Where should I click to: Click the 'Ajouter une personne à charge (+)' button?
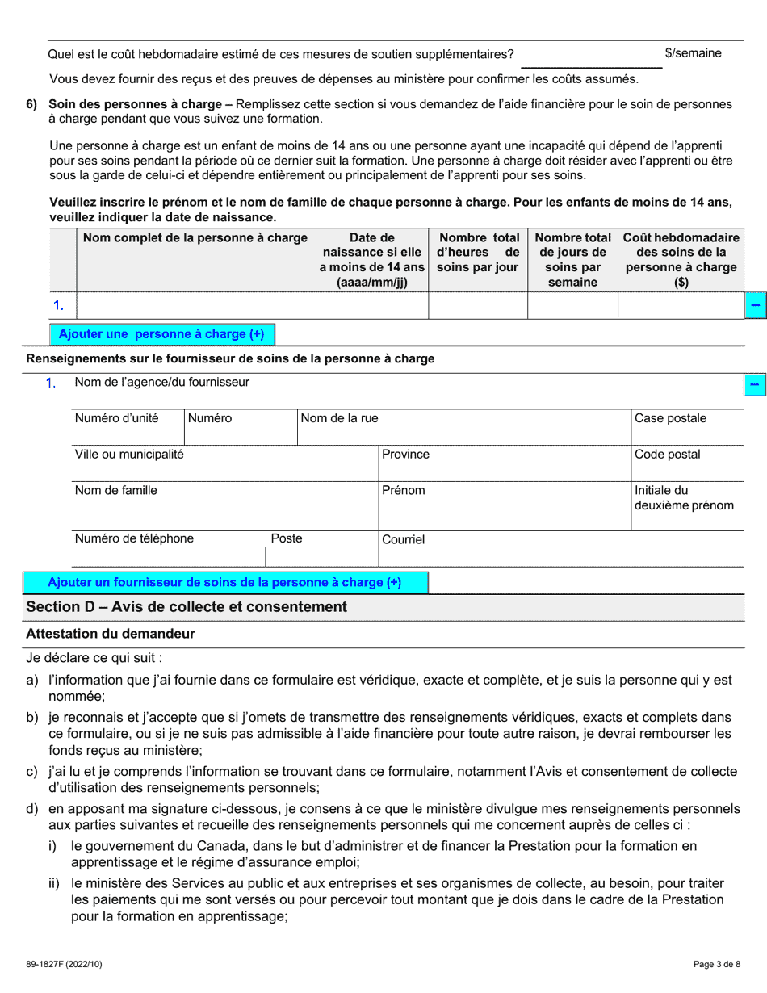click(x=161, y=334)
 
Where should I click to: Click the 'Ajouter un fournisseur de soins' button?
click(x=224, y=583)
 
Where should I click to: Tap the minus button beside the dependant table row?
click(x=755, y=306)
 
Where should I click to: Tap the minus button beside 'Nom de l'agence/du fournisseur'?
click(x=755, y=385)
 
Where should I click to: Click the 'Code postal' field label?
click(x=667, y=455)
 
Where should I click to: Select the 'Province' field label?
click(x=405, y=455)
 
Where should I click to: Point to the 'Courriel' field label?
click(x=403, y=539)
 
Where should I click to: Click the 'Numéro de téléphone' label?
click(x=134, y=538)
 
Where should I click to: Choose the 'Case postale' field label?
click(x=670, y=418)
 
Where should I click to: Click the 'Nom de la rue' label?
click(x=339, y=418)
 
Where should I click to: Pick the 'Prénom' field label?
click(x=403, y=491)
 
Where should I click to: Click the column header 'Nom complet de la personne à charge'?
click(x=195, y=238)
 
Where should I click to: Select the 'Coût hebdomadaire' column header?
click(x=681, y=260)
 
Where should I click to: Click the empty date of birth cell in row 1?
click(x=371, y=306)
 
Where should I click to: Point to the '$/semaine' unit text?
click(x=693, y=53)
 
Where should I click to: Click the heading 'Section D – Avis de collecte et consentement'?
click(x=187, y=607)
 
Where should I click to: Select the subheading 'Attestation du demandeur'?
click(x=110, y=635)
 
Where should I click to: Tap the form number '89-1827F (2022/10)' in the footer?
click(x=65, y=964)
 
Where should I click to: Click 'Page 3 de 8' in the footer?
click(x=717, y=964)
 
